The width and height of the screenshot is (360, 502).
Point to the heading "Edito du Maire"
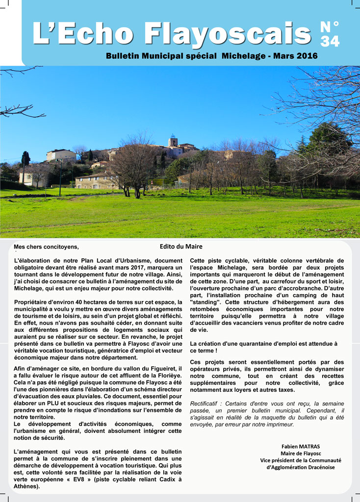tap(181, 247)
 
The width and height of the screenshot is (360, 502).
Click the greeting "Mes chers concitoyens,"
tap(46, 247)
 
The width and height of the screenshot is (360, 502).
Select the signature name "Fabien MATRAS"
tap(301, 447)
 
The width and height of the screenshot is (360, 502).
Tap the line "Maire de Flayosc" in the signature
tap(301, 453)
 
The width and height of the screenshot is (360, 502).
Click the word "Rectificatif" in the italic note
tap(206, 403)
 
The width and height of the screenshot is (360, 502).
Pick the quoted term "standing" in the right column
tap(204, 302)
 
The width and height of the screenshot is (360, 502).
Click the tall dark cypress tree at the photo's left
tap(25, 159)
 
